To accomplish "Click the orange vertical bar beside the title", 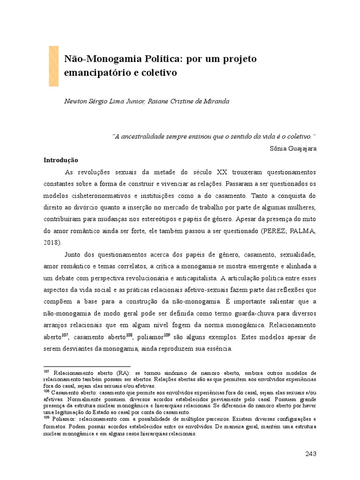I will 53,66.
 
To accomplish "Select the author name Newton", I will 76,101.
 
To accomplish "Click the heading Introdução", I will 61,160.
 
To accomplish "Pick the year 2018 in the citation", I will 52,243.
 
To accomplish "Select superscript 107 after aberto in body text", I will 65,335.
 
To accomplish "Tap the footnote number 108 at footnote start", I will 46,390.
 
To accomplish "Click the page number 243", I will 310,454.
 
